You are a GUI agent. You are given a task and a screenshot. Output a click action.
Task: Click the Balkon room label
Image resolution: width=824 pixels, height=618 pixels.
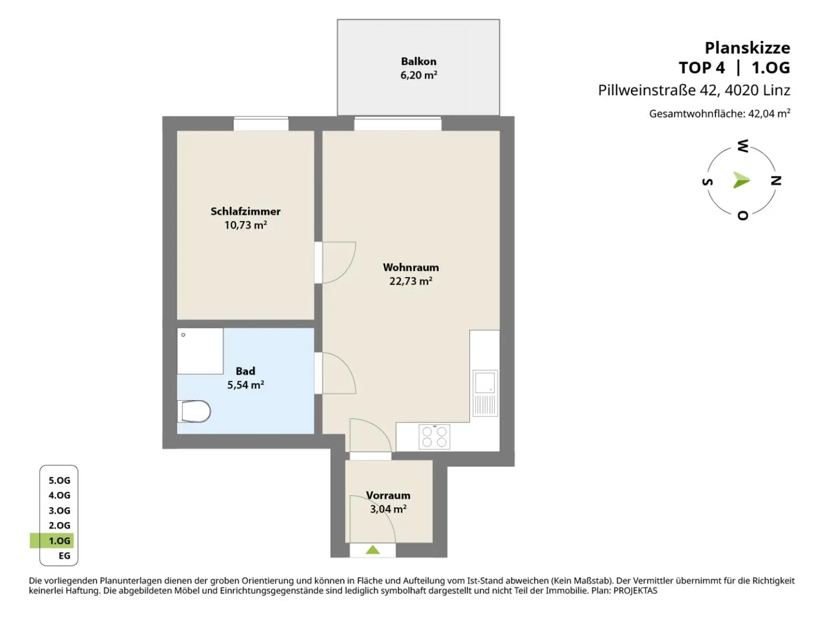(418, 61)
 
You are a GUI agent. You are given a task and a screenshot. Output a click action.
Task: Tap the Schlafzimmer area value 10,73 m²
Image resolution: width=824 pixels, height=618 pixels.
(246, 225)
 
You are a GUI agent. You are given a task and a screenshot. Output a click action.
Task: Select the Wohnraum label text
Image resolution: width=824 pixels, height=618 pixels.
(411, 268)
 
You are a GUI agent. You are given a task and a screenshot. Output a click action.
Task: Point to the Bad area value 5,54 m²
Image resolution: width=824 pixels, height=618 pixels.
(246, 385)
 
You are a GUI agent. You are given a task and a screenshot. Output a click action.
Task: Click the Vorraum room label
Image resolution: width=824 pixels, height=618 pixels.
(388, 495)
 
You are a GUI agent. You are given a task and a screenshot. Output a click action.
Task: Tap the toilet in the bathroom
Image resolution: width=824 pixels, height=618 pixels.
(194, 411)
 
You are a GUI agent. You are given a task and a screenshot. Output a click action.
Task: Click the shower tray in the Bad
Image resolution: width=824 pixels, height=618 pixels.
(200, 351)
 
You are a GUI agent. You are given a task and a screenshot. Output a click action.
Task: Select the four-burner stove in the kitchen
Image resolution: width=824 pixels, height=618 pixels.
(435, 437)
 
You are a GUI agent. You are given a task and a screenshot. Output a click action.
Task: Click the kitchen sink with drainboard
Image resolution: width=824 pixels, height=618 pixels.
(485, 393)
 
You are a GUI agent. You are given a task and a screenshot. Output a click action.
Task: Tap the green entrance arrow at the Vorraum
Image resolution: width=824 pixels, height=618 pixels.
(372, 550)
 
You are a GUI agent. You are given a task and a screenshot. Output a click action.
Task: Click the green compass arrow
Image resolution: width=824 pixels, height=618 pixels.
(741, 180)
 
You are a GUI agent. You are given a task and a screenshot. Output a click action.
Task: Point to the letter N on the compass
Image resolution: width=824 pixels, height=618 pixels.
(776, 180)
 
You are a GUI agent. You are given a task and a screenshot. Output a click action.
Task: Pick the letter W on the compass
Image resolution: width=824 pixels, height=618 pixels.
(743, 145)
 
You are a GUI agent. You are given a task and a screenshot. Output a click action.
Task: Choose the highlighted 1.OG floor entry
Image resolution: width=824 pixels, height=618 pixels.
(60, 541)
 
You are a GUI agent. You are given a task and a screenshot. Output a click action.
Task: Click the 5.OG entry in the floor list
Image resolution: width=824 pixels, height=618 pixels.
(60, 480)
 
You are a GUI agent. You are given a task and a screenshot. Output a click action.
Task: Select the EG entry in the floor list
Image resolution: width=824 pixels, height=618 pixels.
(64, 556)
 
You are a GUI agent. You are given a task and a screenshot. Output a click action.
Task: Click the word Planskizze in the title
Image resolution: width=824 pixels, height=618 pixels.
(747, 48)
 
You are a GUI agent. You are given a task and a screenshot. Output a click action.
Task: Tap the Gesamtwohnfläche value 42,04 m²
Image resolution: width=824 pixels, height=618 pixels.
(769, 113)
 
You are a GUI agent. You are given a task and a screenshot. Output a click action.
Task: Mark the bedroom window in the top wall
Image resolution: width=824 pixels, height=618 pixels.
(261, 124)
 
